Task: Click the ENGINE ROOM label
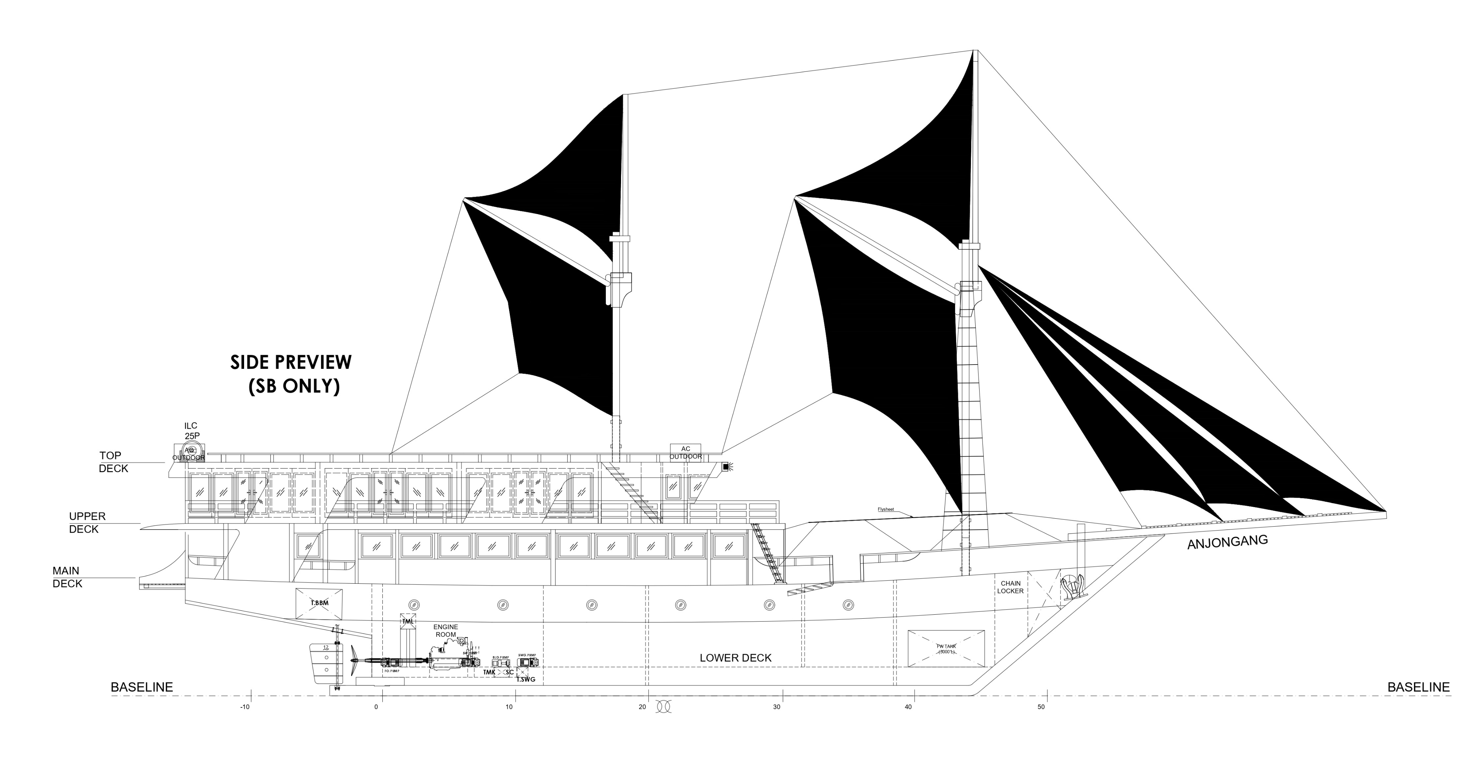(446, 631)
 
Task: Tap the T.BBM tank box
(319, 603)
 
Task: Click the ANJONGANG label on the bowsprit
(1227, 542)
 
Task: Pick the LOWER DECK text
(735, 658)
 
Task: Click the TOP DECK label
(114, 462)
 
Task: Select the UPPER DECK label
(87, 523)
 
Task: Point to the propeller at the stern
(354, 659)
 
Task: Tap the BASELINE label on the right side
(1418, 687)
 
